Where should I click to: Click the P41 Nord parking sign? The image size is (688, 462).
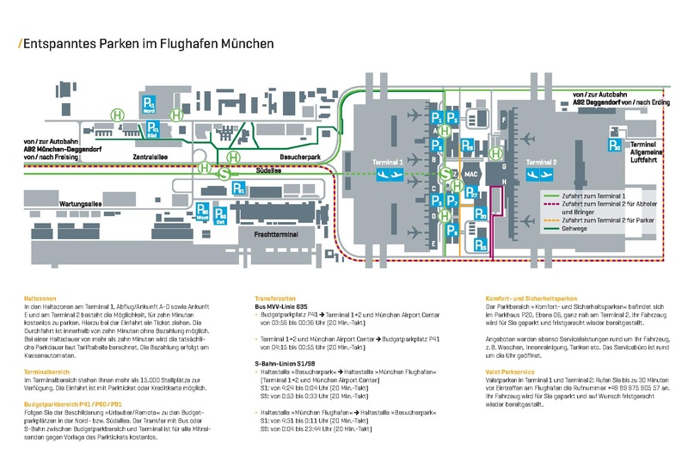146,107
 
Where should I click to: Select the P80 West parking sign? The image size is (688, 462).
202,213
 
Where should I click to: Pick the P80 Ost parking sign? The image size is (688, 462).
221,214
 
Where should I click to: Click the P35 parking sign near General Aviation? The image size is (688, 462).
613,146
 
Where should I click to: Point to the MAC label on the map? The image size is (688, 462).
470,175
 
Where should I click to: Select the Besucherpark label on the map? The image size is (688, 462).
295,157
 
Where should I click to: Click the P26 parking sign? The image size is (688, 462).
467,145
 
